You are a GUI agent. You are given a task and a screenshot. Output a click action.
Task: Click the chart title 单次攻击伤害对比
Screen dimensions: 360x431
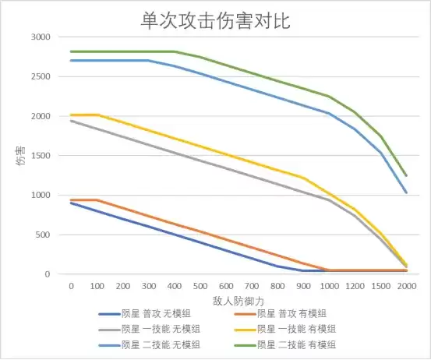tap(215, 19)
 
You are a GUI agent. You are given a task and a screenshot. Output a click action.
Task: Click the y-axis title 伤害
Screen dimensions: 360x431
tap(19, 156)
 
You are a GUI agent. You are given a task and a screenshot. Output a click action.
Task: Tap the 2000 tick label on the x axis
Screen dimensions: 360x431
tap(406, 286)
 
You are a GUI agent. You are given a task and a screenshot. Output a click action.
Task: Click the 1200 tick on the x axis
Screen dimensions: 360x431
tap(355, 286)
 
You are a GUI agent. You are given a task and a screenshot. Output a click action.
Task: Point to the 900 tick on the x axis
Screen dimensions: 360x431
tap(303, 286)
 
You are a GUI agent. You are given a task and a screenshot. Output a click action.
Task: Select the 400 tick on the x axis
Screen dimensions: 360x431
tap(174, 286)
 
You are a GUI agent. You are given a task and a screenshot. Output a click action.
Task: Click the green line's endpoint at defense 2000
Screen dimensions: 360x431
tap(406, 175)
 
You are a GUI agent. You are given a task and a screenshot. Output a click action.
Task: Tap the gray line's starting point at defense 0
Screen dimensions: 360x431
tap(71, 121)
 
